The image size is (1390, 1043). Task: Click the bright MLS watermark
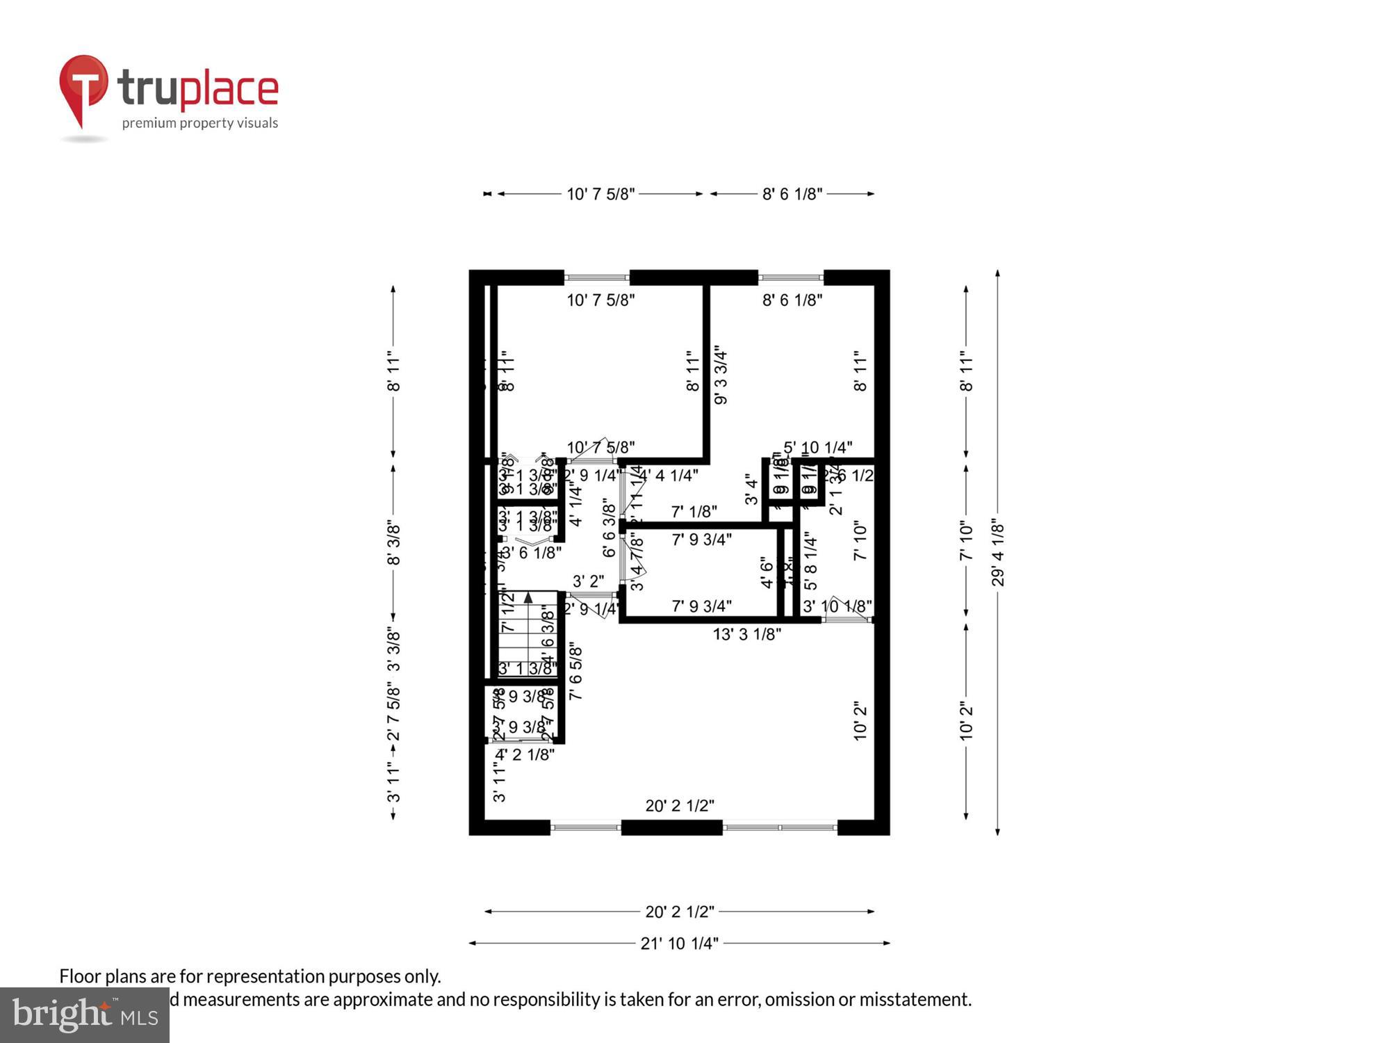point(85,1014)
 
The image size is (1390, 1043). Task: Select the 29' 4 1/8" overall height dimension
point(998,553)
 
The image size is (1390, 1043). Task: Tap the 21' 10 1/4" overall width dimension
point(679,944)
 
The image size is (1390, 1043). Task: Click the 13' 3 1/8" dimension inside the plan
point(746,634)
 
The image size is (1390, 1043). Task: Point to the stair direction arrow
point(528,597)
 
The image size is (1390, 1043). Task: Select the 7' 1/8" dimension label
point(694,512)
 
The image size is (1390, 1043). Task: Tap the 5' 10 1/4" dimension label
point(817,447)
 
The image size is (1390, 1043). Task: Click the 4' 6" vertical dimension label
point(767,572)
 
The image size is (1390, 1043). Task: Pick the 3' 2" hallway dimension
point(588,581)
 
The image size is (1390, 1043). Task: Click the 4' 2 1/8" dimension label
point(525,754)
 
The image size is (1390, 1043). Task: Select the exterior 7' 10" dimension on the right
point(966,542)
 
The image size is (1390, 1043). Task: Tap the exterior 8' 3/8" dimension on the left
point(393,543)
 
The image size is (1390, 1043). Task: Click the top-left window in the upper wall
point(596,277)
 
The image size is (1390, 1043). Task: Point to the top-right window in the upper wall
point(790,277)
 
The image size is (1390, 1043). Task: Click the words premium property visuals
point(200,123)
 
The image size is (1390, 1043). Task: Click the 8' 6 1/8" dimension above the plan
point(792,194)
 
